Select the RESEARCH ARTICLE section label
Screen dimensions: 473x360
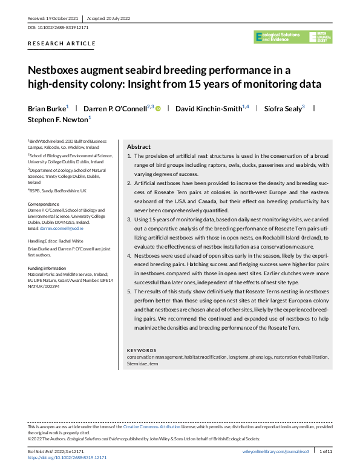pyautogui.click(x=62, y=44)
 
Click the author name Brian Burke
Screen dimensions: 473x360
pyautogui.click(x=47, y=108)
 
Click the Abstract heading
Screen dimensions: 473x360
pyautogui.click(x=139, y=147)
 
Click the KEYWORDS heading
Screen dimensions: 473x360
pyautogui.click(x=142, y=350)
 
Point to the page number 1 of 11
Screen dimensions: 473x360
pyautogui.click(x=325, y=451)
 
